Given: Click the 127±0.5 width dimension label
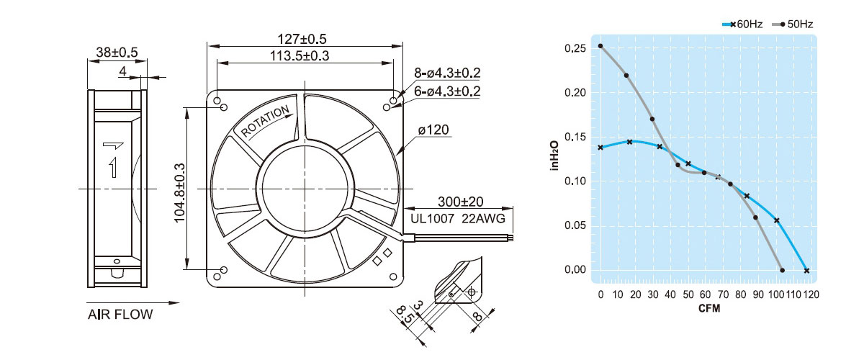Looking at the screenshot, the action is point(302,39).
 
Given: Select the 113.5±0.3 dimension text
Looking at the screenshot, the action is point(300,56).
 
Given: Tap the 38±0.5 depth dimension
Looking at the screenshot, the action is point(117,52).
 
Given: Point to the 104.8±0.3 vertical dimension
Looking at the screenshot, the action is point(180,192).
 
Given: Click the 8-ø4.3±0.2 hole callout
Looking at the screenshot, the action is point(447,73).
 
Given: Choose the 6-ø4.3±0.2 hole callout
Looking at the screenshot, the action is point(447,91).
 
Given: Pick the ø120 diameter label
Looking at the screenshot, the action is point(433,130).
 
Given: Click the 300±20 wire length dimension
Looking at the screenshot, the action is point(461,202).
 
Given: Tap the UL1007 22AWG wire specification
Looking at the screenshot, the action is point(457,219).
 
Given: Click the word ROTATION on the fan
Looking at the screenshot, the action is point(265,121).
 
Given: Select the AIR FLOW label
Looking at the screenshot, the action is point(120,315).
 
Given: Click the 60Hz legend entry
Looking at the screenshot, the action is point(743,24).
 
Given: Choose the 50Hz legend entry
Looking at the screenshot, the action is point(793,24).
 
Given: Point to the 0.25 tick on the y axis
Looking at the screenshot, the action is point(575,49).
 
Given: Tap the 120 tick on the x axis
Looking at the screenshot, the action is point(811,294).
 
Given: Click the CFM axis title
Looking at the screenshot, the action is point(709,308).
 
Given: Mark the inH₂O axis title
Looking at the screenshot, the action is point(554,156).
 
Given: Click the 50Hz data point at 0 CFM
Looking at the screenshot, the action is point(600,46).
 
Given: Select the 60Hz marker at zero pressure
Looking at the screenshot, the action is point(806,271).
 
